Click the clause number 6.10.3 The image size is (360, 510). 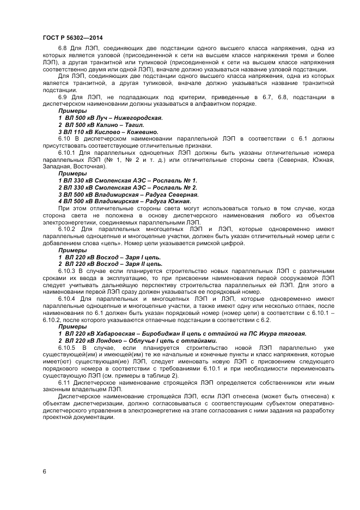66,271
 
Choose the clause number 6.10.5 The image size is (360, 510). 66,347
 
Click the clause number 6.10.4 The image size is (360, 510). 66,299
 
